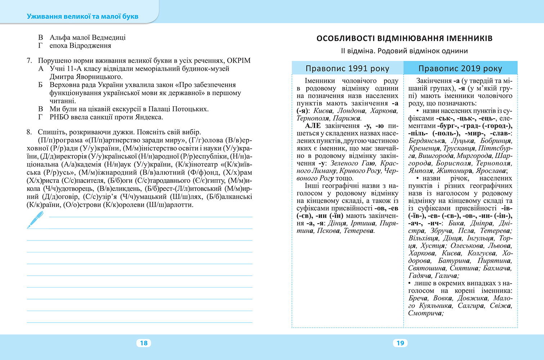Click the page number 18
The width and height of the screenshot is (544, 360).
[144, 343]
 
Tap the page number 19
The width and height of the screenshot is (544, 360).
[400, 343]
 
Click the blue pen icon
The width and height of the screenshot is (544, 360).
[35, 220]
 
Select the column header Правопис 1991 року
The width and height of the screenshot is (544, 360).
[347, 68]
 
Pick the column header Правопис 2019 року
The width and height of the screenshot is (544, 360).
[460, 68]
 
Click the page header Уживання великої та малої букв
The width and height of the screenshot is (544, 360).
[82, 17]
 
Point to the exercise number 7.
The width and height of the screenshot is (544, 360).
[29, 60]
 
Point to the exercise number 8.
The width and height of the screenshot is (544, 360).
[29, 132]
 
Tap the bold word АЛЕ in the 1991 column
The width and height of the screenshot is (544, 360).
[313, 126]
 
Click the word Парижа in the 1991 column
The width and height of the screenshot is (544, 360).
[347, 118]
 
